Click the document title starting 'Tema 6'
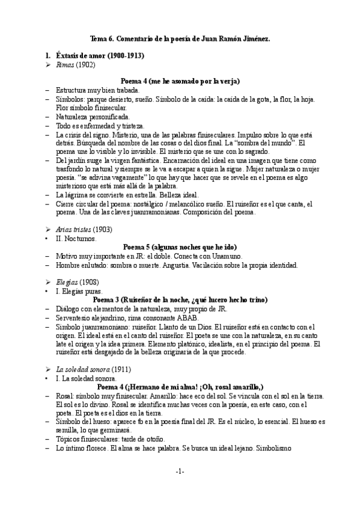[180, 38]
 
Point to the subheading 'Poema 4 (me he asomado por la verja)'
[180, 81]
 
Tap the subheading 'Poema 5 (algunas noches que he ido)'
[180, 247]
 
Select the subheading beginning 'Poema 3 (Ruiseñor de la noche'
[180, 300]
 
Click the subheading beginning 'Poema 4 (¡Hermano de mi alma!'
[180, 386]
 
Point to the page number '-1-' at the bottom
[180, 472]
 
